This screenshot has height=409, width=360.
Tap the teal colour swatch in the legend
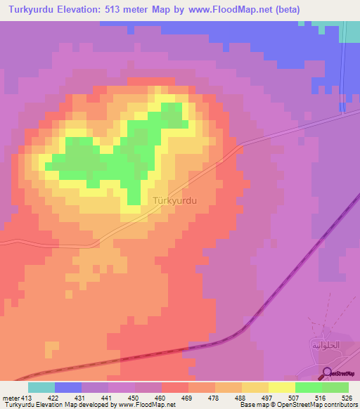[41, 387]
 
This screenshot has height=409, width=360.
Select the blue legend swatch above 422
[67, 387]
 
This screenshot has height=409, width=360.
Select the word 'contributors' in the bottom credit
[339, 404]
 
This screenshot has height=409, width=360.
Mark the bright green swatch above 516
[308, 387]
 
